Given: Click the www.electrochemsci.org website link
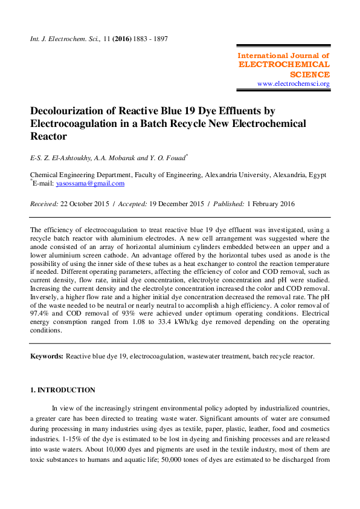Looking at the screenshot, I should click(293, 83).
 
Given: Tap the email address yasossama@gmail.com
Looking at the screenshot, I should click(90, 183).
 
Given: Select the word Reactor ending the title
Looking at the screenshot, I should click(48, 137).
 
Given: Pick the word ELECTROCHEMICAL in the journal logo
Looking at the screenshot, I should click(284, 64).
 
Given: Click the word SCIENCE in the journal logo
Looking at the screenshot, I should click(310, 74).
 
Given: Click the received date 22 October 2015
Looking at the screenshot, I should click(85, 204).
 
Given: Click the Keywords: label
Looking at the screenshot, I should click(47, 357).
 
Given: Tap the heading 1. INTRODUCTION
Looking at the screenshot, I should click(63, 390).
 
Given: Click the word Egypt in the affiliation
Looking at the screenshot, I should click(318, 175).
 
